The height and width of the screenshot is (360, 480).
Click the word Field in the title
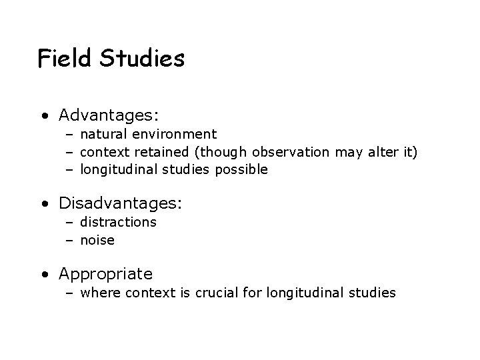point(64,59)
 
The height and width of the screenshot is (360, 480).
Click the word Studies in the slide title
point(141,59)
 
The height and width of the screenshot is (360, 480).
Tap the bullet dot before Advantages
point(43,116)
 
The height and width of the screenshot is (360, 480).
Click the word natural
point(103,135)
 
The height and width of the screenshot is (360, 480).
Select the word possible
point(241,169)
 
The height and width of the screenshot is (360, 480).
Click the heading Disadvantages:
point(121,202)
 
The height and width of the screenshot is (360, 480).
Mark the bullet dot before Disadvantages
point(43,202)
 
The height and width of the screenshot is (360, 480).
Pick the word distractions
point(119,222)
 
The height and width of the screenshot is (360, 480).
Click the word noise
point(97,240)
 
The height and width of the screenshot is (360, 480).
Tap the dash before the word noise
point(69,240)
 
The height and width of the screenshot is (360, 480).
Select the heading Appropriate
point(105,274)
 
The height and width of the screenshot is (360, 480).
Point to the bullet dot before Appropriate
point(43,274)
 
